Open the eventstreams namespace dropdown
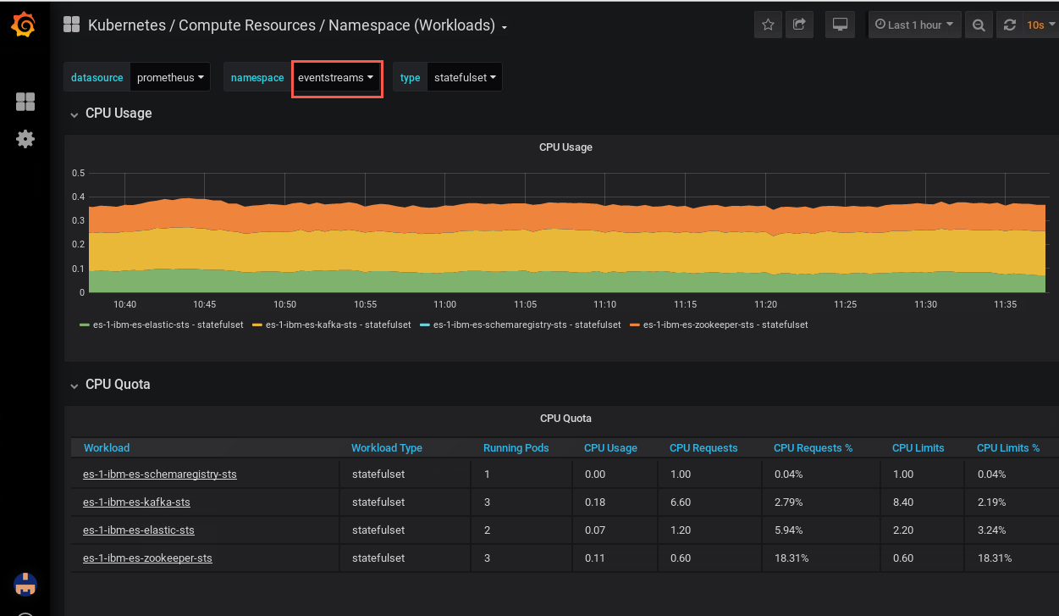click(x=335, y=78)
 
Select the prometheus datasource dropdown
click(x=170, y=78)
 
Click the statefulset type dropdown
click(x=465, y=78)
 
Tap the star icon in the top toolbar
click(x=768, y=25)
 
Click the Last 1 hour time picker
click(x=914, y=25)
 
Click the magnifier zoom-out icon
click(x=979, y=25)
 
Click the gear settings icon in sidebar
click(x=25, y=139)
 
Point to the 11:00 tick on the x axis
click(x=445, y=304)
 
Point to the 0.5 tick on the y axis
click(x=79, y=173)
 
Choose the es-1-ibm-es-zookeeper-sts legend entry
click(x=719, y=325)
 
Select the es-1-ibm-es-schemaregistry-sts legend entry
click(x=520, y=325)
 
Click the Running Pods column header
click(x=516, y=448)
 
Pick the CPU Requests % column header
click(x=814, y=448)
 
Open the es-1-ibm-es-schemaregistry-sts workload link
click(x=160, y=474)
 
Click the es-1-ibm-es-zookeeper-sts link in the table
click(x=147, y=558)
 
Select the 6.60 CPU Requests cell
click(x=681, y=502)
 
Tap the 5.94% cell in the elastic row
click(x=788, y=530)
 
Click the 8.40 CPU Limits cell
click(x=903, y=502)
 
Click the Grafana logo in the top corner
click(x=23, y=25)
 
